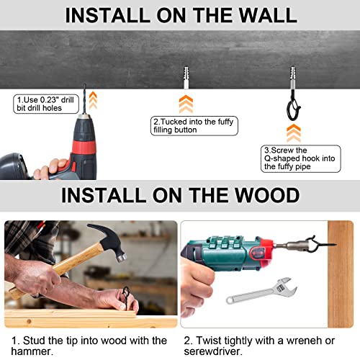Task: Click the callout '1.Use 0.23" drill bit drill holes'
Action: [x=46, y=104]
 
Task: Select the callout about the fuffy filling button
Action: [x=194, y=126]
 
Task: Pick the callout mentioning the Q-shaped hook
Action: [x=300, y=158]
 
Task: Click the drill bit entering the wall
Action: [x=84, y=99]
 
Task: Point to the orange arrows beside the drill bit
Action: [x=93, y=100]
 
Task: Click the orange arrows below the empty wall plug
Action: [x=186, y=104]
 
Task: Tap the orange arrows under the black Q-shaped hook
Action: [x=294, y=133]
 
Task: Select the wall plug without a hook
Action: [x=186, y=77]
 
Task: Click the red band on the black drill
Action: [x=84, y=148]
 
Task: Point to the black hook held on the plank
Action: [x=125, y=298]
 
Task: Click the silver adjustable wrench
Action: [x=261, y=291]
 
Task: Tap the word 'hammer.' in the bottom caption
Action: [x=32, y=351]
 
